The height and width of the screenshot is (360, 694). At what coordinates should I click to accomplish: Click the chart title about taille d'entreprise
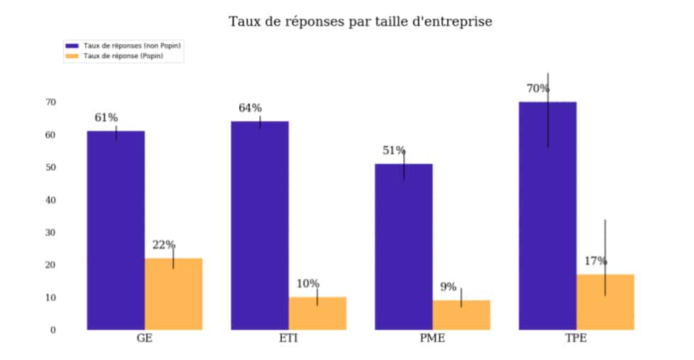(x=360, y=21)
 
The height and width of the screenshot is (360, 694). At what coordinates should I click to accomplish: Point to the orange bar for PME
(x=461, y=315)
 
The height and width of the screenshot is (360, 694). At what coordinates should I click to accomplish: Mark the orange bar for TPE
(x=605, y=302)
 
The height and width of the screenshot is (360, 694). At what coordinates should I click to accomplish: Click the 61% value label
(x=106, y=117)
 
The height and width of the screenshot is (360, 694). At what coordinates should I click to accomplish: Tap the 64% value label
(x=250, y=108)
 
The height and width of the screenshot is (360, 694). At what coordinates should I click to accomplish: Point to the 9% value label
(x=448, y=287)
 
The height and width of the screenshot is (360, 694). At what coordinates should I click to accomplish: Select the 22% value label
(x=164, y=245)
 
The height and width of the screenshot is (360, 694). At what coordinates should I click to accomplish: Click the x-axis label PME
(x=433, y=338)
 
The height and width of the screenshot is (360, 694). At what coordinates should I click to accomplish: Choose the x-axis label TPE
(x=576, y=338)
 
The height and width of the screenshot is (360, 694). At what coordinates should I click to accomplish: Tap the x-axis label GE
(x=144, y=338)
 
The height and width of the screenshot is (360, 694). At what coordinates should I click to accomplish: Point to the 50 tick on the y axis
(x=51, y=167)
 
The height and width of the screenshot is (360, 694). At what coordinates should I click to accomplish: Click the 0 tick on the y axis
(x=53, y=330)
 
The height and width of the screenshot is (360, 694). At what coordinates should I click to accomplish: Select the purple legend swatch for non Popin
(x=72, y=46)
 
